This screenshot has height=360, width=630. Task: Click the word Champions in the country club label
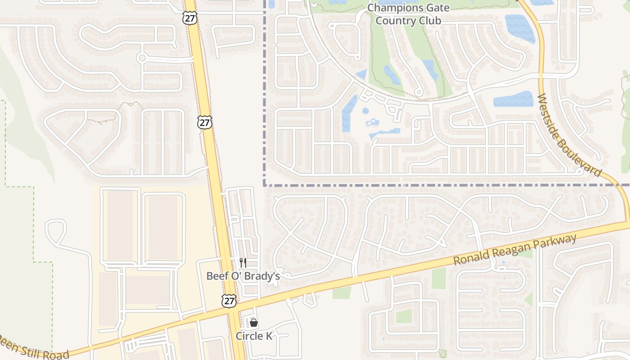coord(390,8)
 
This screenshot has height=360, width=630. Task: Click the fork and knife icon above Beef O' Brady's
coord(243,263)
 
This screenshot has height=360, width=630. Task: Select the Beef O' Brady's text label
coord(243,276)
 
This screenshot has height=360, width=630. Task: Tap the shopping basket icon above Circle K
coord(254,323)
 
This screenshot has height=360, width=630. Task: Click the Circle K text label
coord(254,336)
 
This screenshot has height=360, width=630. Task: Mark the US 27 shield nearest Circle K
coord(229,301)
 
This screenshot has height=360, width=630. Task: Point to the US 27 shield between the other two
coord(204,122)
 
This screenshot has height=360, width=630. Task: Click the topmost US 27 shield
coord(189,18)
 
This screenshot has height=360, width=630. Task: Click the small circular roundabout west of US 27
coord(142,58)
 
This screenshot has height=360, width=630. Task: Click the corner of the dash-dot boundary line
coord(264,184)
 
